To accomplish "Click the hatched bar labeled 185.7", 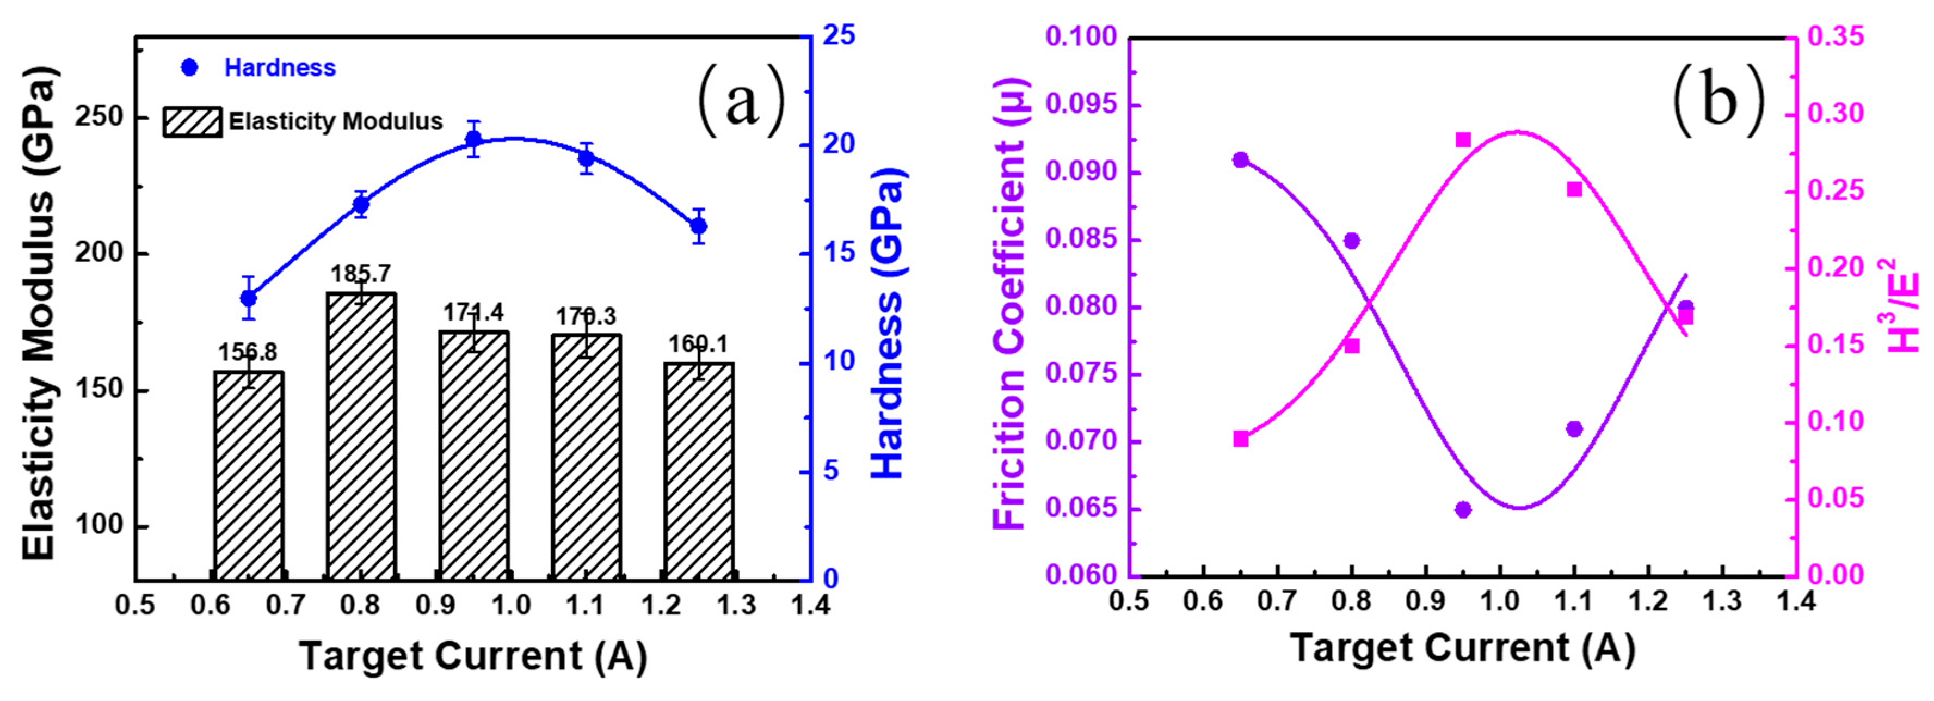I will (x=361, y=435).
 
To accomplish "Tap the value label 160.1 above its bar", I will (x=698, y=345).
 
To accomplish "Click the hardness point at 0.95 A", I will (x=473, y=139).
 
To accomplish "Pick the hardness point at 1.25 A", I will (x=698, y=225).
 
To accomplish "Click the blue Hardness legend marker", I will (x=190, y=67).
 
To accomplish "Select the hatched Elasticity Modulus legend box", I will (x=192, y=121).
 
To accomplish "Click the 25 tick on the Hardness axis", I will (x=838, y=36).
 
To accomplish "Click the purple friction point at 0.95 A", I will (x=1463, y=509).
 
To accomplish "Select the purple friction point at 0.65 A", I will (x=1240, y=160).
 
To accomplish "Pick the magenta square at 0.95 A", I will (x=1463, y=140).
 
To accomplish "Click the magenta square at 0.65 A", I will (x=1240, y=439).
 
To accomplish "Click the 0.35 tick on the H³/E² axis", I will (x=1835, y=37).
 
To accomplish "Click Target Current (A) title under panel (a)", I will (x=473, y=655).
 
